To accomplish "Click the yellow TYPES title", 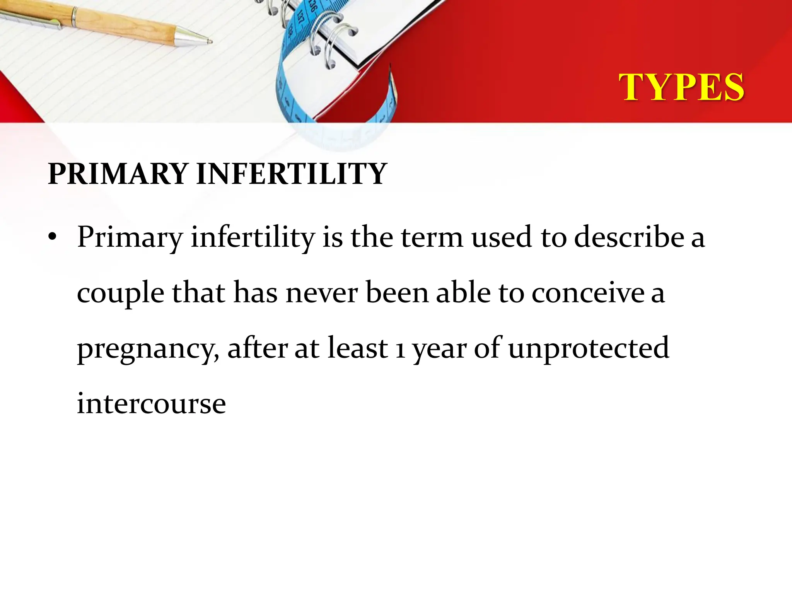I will click(681, 87).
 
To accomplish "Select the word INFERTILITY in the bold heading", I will click(292, 174).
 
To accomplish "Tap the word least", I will click(357, 348).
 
